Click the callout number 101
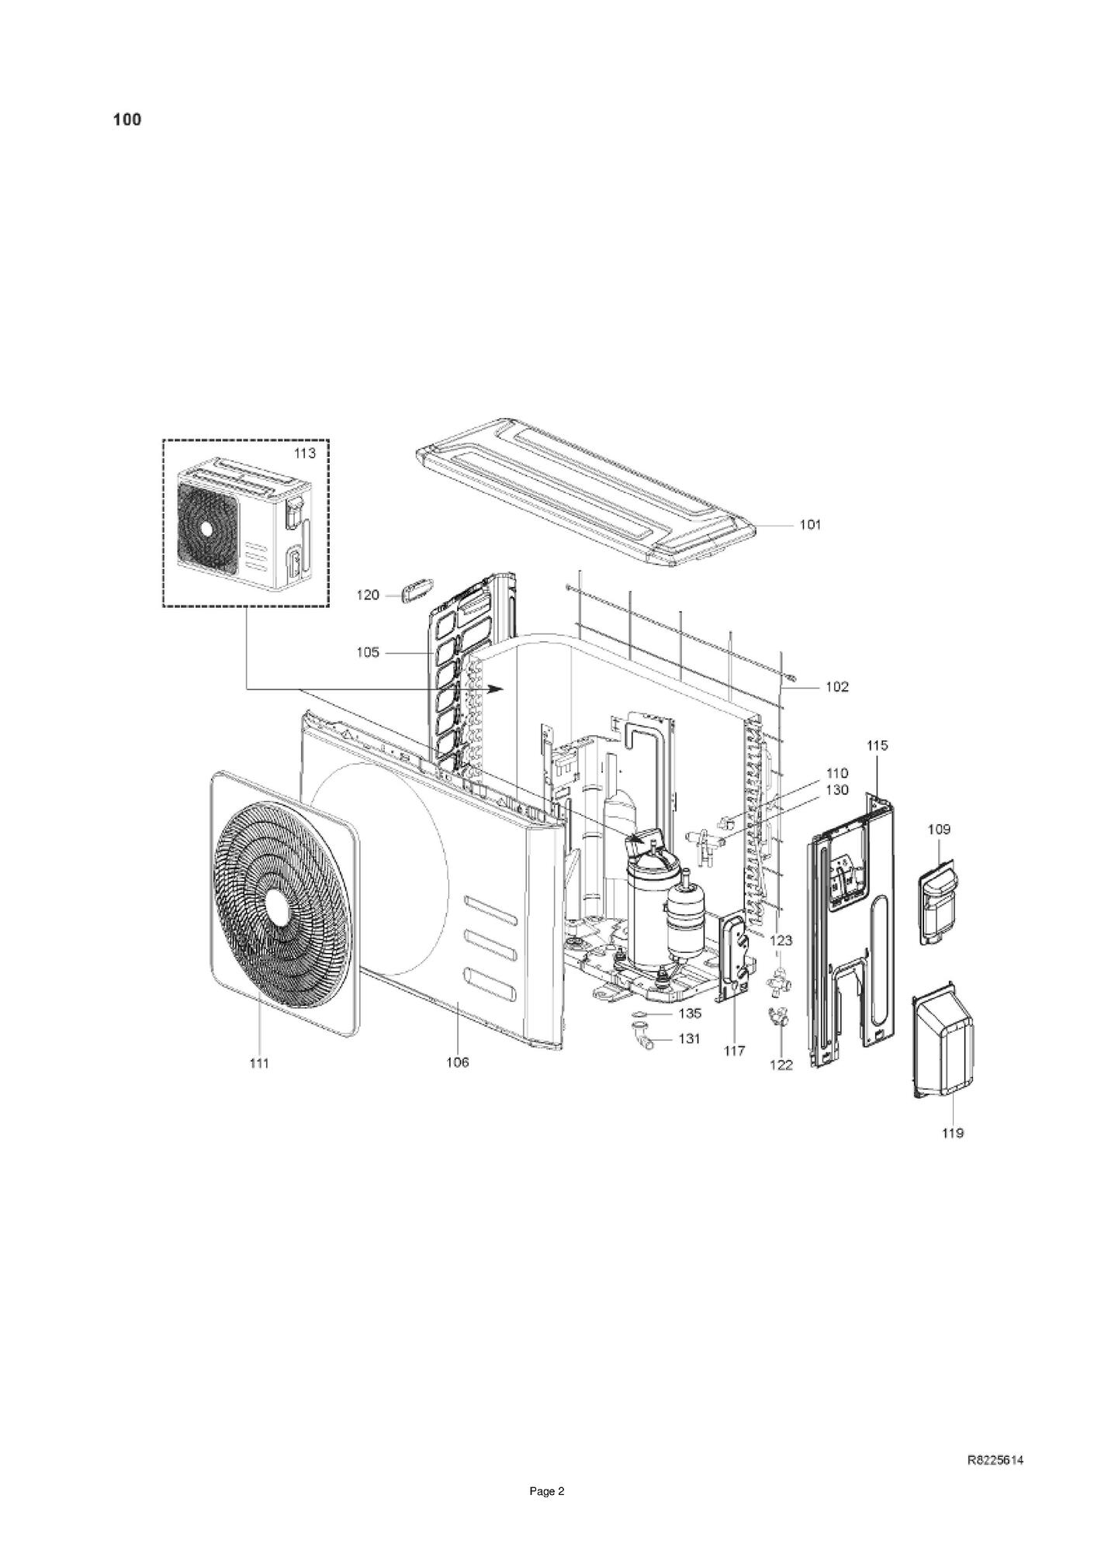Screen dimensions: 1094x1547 (810, 525)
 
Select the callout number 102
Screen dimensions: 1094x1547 (836, 686)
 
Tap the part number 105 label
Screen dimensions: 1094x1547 (368, 652)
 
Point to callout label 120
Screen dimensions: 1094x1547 (368, 595)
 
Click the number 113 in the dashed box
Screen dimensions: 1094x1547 (304, 454)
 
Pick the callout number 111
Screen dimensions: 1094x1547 (259, 1063)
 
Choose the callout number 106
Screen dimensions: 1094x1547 (458, 1062)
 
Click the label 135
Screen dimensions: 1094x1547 (690, 1013)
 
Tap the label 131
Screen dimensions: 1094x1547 (689, 1038)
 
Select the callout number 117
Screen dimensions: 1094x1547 (734, 1051)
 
